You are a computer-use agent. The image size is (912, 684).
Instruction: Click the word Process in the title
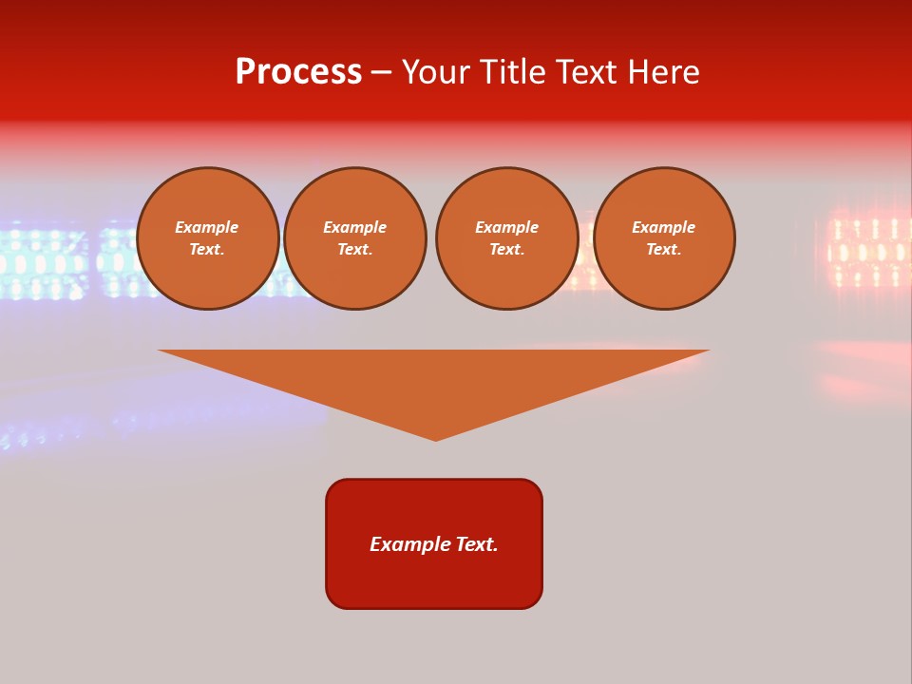point(298,72)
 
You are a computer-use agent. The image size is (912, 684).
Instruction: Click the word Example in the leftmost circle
point(207,227)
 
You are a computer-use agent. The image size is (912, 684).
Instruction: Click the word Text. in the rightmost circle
point(663,249)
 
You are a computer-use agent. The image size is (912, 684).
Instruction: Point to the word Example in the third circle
point(506,227)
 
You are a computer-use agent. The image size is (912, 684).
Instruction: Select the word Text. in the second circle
point(355,249)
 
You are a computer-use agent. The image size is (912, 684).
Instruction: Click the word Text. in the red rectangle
point(477,544)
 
